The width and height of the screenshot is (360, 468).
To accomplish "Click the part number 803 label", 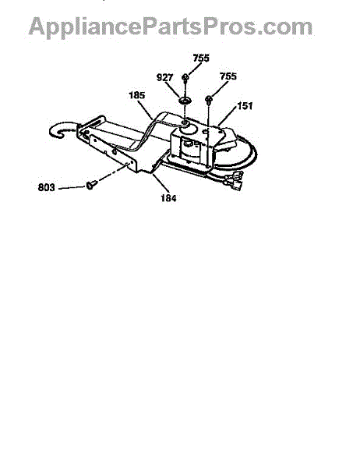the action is (x=47, y=187).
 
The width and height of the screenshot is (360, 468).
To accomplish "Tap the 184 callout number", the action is (x=168, y=198).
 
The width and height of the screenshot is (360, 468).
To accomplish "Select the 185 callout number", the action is (x=137, y=95).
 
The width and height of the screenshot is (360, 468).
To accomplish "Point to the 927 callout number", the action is (x=164, y=77).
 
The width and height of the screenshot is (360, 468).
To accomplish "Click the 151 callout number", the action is (x=245, y=105).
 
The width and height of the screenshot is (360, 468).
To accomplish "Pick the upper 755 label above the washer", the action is (x=201, y=58).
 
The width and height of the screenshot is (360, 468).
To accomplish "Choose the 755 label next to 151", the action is (x=228, y=76).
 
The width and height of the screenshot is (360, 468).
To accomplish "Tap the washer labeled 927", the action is (x=185, y=101).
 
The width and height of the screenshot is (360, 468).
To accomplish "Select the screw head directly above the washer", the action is (x=185, y=77).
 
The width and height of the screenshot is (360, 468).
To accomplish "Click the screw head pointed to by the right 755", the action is (x=209, y=99).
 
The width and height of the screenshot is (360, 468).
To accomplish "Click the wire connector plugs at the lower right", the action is (x=235, y=181).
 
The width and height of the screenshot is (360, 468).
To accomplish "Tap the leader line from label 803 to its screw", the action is (x=72, y=188).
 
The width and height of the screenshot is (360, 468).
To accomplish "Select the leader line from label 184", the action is (x=161, y=183).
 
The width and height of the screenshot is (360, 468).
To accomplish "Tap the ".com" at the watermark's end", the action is (x=284, y=27).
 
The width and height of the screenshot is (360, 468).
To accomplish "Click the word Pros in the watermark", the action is (x=231, y=27).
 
